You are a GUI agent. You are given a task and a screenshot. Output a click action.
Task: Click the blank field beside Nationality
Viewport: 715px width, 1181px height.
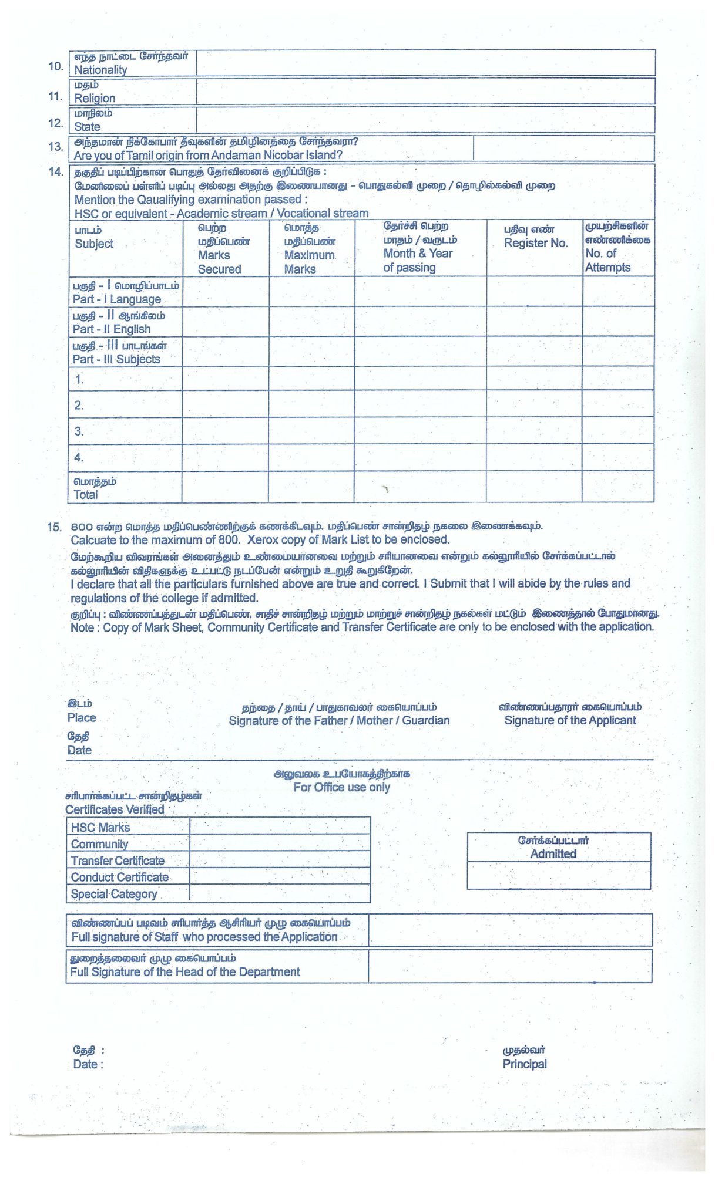click(x=425, y=63)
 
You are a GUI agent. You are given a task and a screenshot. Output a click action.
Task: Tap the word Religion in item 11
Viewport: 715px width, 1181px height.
click(x=95, y=98)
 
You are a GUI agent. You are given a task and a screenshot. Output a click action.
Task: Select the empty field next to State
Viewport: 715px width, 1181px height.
click(x=425, y=120)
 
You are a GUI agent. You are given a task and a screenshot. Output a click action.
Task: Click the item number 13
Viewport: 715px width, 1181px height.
click(x=56, y=147)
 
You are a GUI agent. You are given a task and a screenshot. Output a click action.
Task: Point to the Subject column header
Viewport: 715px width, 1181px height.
click(x=94, y=244)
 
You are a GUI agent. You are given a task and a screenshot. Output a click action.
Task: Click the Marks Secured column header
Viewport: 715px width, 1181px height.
click(x=219, y=262)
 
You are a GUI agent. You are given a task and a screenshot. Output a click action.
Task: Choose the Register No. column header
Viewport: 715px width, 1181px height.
click(x=535, y=243)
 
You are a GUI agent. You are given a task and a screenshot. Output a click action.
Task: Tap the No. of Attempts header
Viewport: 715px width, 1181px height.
click(x=607, y=260)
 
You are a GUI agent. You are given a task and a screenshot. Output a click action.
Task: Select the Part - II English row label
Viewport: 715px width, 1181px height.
click(x=112, y=329)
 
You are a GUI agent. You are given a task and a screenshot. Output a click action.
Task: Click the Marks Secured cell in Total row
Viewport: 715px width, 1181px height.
click(x=225, y=487)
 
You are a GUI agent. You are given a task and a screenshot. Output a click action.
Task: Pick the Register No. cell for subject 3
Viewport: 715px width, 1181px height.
click(x=534, y=431)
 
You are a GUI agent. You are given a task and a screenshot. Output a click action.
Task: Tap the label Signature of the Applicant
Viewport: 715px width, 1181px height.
click(x=570, y=720)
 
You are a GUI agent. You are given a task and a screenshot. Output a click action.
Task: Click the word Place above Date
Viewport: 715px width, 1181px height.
click(x=82, y=717)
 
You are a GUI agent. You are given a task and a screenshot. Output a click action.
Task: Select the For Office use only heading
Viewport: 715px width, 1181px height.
click(x=341, y=787)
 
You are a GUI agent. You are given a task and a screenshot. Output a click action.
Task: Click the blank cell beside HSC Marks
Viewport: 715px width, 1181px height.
click(x=280, y=826)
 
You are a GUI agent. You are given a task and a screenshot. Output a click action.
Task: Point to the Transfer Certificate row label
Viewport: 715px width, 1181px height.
click(x=118, y=861)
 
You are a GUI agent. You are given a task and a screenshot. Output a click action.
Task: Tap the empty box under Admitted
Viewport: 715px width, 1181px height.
click(x=559, y=875)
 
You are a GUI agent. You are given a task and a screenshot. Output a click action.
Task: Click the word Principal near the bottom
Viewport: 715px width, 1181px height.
click(x=525, y=1064)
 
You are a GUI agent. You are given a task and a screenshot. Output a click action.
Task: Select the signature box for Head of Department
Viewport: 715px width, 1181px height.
click(x=510, y=966)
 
